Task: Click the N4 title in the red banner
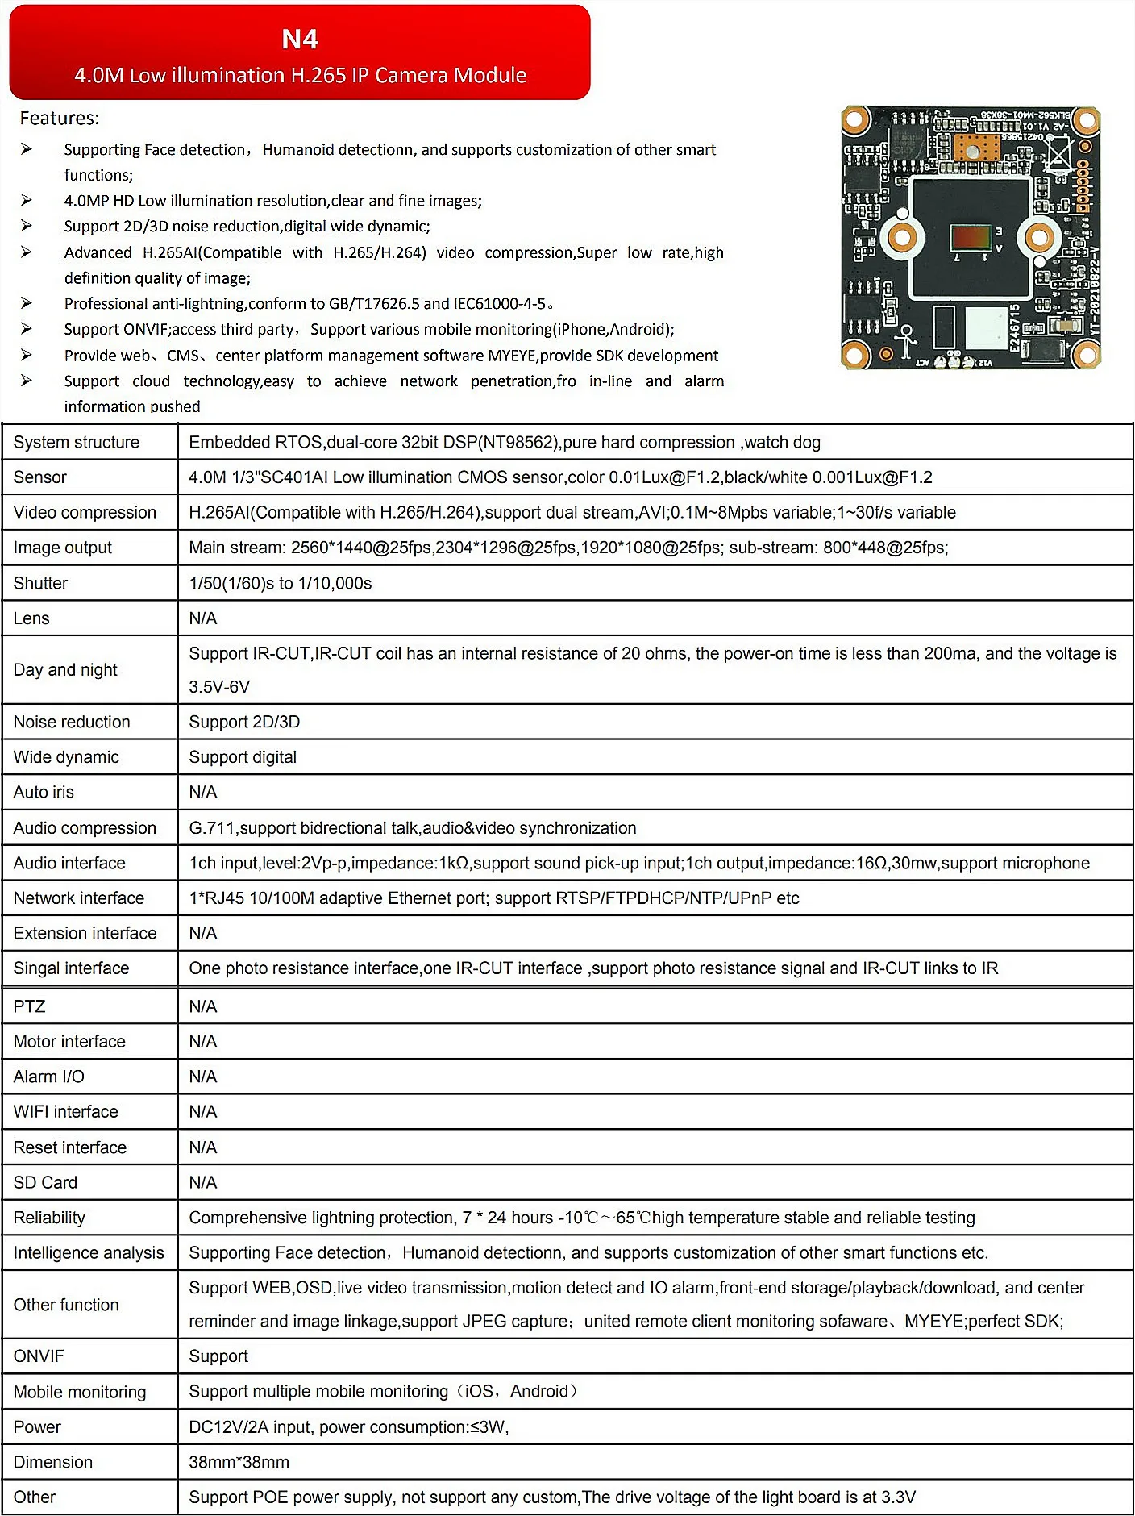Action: (300, 39)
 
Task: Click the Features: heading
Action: (60, 119)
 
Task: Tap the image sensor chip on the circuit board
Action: (970, 238)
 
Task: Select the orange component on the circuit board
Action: (977, 148)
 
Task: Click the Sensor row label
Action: (40, 477)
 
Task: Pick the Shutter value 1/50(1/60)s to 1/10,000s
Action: (281, 583)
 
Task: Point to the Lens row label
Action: (31, 618)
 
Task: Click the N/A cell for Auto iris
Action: (203, 792)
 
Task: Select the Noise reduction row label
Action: (72, 722)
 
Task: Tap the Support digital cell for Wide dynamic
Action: (243, 757)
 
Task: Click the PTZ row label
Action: (29, 1006)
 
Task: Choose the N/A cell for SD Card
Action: (203, 1182)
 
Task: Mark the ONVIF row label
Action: (39, 1356)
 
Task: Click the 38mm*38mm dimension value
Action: (239, 1462)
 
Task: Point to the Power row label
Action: (37, 1427)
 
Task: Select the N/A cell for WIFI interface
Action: (203, 1112)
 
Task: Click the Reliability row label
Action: (49, 1218)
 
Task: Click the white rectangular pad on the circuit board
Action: (986, 327)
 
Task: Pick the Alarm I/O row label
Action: (48, 1077)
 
